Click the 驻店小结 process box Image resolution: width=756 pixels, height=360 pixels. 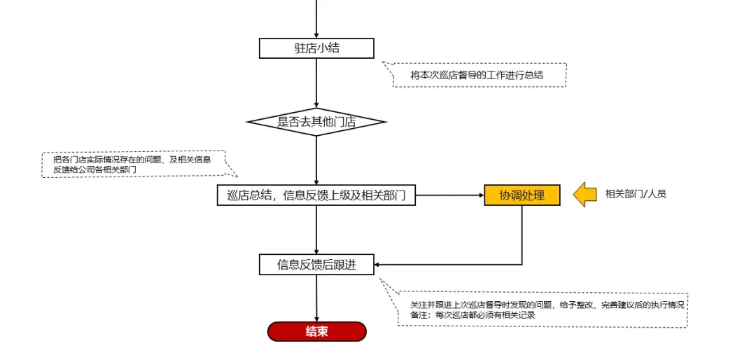click(316, 48)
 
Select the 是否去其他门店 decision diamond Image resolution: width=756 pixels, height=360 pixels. click(316, 122)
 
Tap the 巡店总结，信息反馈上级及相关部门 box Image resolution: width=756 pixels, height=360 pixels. click(316, 195)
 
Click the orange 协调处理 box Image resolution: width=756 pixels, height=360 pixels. click(521, 195)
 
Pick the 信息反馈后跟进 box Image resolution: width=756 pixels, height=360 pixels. click(316, 265)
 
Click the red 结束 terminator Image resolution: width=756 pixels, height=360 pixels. click(316, 331)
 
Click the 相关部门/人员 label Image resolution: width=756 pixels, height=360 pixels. click(636, 194)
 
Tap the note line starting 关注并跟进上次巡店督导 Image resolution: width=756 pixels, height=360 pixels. click(546, 305)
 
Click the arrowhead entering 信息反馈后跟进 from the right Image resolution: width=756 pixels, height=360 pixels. click(379, 265)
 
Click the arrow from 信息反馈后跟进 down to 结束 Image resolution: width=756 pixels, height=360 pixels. click(316, 298)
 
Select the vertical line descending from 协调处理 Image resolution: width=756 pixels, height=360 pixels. click(521, 235)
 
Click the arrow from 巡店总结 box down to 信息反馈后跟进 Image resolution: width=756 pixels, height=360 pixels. click(316, 230)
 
